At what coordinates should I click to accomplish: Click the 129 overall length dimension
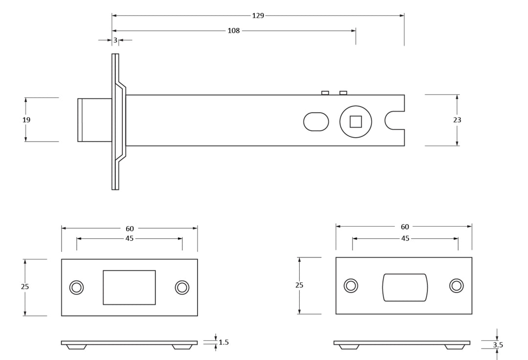pyautogui.click(x=258, y=16)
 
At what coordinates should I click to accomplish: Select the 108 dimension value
pyautogui.click(x=234, y=31)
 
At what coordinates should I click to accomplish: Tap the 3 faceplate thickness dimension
pyautogui.click(x=115, y=41)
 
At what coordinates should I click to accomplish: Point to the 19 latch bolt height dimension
pyautogui.click(x=26, y=120)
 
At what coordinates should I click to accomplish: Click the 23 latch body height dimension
pyautogui.click(x=457, y=120)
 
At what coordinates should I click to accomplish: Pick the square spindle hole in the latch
pyautogui.click(x=355, y=122)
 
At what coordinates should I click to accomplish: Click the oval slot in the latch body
pyautogui.click(x=316, y=122)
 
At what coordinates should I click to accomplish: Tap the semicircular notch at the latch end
pyautogui.click(x=393, y=121)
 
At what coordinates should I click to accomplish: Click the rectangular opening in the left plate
pyautogui.click(x=129, y=287)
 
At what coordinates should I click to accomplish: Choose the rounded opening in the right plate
pyautogui.click(x=405, y=287)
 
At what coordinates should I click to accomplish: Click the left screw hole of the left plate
pyautogui.click(x=76, y=288)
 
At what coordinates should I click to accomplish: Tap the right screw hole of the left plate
pyautogui.click(x=182, y=288)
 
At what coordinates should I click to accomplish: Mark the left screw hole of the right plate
pyautogui.click(x=351, y=286)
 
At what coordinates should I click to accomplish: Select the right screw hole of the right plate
pyautogui.click(x=457, y=286)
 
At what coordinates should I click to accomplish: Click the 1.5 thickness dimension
pyautogui.click(x=223, y=342)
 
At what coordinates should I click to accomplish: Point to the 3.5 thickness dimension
pyautogui.click(x=498, y=345)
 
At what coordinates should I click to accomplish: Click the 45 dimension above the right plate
pyautogui.click(x=405, y=238)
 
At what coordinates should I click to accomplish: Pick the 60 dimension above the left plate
pyautogui.click(x=130, y=229)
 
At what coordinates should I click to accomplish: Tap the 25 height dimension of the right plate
pyautogui.click(x=299, y=285)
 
